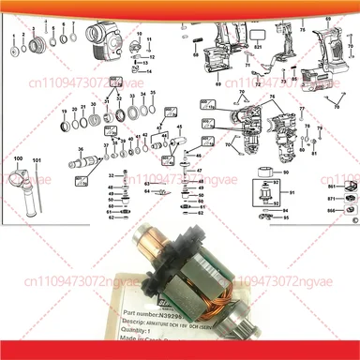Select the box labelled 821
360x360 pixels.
258,44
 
